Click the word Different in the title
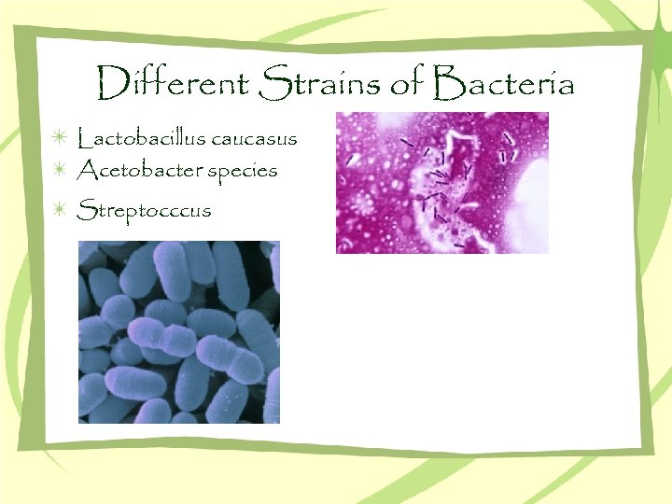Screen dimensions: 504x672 click(172, 85)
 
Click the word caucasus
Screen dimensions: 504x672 click(255, 140)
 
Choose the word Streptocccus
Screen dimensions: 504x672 click(145, 209)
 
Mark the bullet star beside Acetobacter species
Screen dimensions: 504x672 click(59, 170)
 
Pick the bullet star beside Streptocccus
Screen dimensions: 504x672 click(59, 208)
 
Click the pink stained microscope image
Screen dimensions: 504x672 click(441, 182)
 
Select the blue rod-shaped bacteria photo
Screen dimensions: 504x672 click(178, 331)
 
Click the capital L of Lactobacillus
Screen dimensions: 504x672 click(85, 139)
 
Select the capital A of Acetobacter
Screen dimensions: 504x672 click(87, 170)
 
